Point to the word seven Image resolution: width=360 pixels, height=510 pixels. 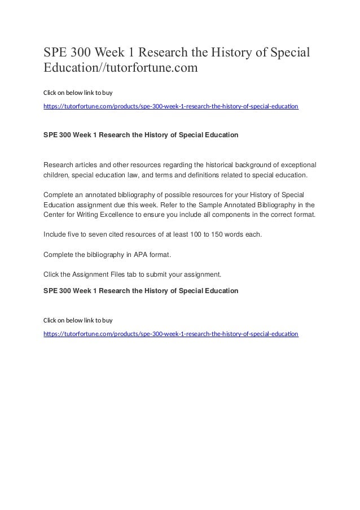pyautogui.click(x=92, y=234)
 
